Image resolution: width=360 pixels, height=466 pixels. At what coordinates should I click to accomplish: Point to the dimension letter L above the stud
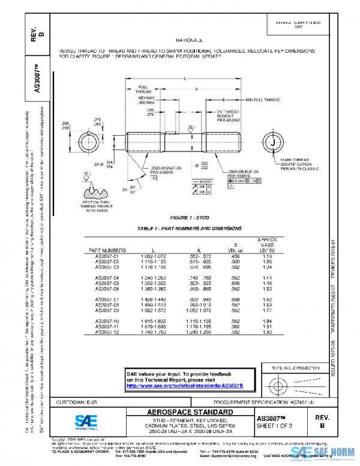point(184,78)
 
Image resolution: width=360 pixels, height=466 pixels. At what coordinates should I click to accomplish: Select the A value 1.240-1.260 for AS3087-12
point(198,333)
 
